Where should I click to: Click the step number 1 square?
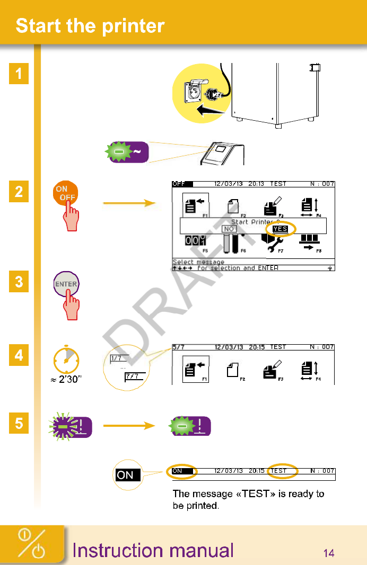[x=19, y=74]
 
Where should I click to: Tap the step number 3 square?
[x=19, y=282]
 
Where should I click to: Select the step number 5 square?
[x=19, y=425]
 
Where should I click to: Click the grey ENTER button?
[x=66, y=284]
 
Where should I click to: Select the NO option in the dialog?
[x=229, y=229]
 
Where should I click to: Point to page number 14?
[x=329, y=553]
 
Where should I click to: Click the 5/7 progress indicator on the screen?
[x=179, y=347]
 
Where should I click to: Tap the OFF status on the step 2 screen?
[x=178, y=184]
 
